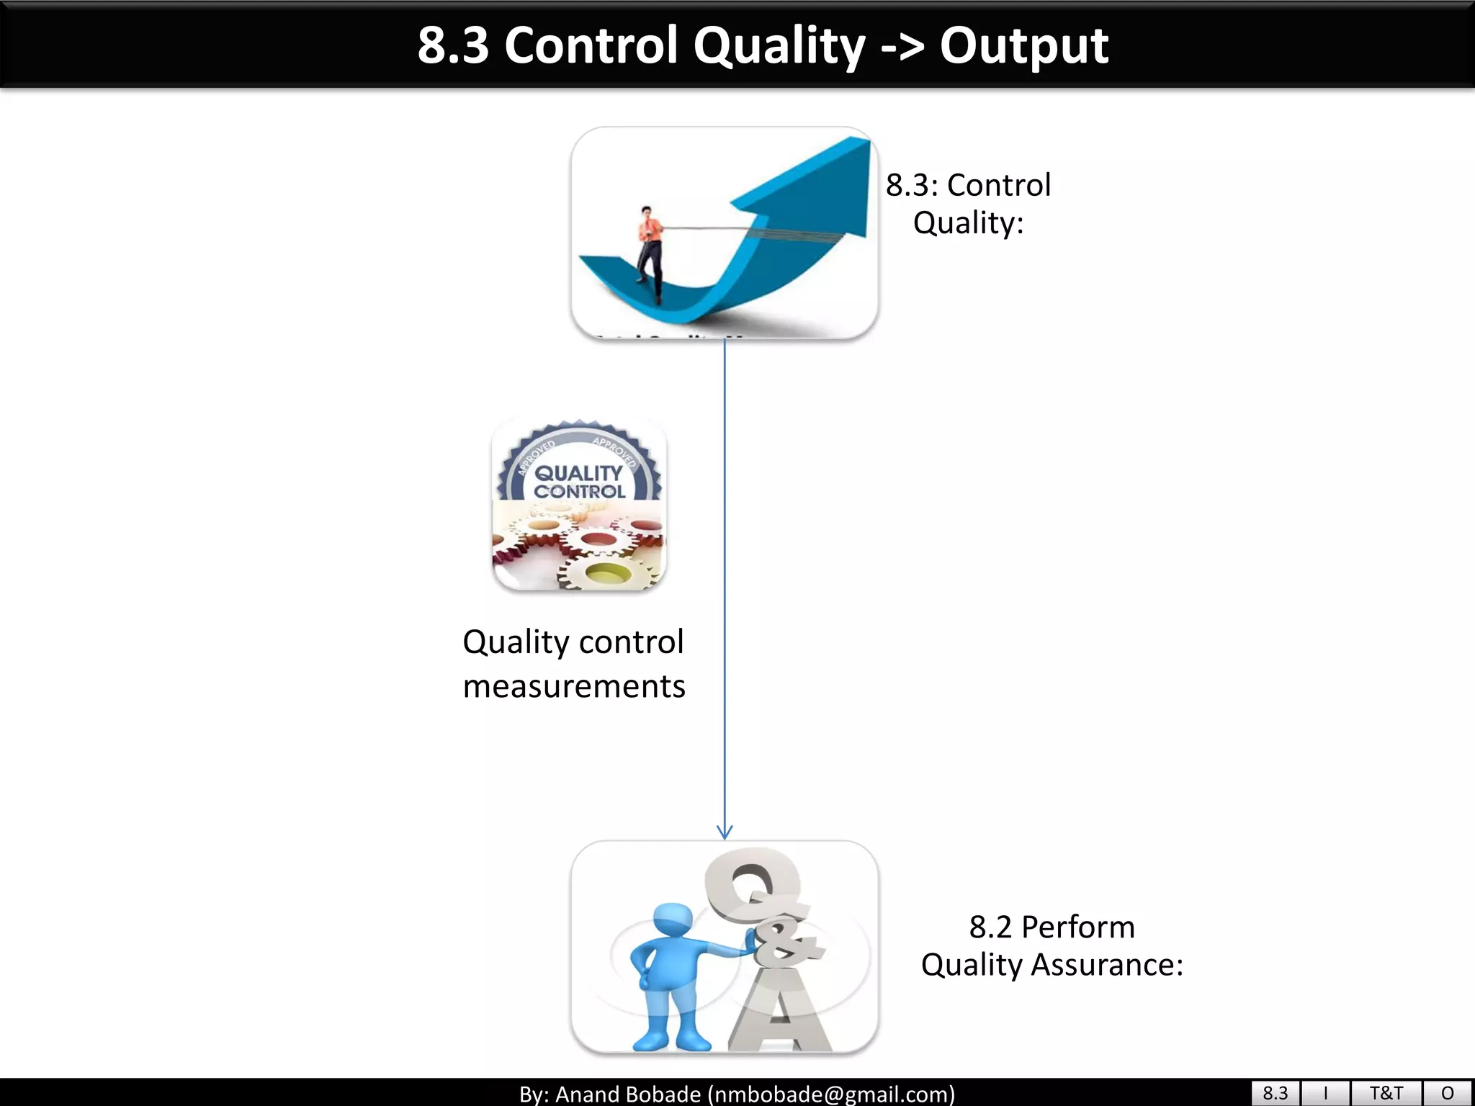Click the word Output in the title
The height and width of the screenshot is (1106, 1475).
(1023, 46)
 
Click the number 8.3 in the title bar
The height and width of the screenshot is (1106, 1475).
(453, 46)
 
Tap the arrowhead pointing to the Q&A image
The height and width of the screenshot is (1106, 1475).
(725, 832)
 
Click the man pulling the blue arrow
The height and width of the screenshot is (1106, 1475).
(649, 252)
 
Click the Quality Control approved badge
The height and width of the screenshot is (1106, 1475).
(579, 468)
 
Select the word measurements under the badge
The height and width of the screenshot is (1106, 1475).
(574, 686)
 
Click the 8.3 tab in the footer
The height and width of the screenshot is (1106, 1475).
(1275, 1093)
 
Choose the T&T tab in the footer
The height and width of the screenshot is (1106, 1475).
(1386, 1093)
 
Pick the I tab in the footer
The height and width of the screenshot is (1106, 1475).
(1325, 1093)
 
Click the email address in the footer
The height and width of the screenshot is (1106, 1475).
(831, 1094)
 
